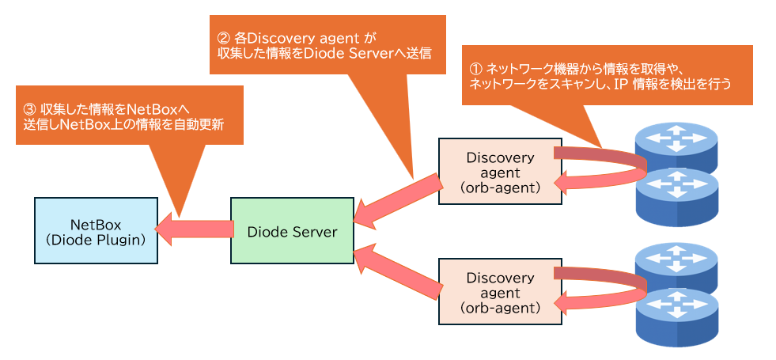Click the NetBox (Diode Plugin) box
[94, 230]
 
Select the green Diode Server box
[292, 232]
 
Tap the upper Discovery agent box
[500, 172]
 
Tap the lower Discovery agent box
[500, 291]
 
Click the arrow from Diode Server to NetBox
[195, 229]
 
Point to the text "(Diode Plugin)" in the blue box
[94, 238]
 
